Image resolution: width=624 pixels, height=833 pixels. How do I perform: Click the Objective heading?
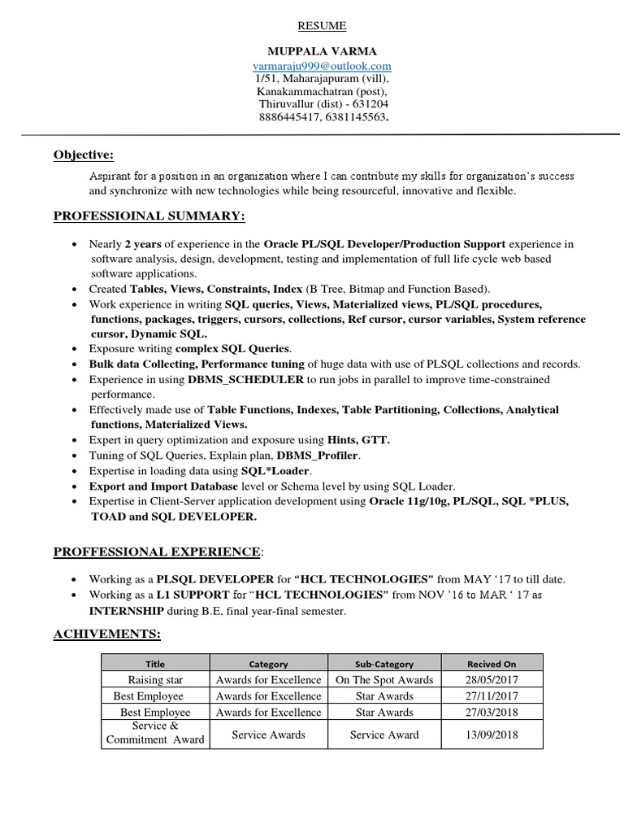pos(84,155)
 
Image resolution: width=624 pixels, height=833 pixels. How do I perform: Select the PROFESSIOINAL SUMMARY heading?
pos(149,216)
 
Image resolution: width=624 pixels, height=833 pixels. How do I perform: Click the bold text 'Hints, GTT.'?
pos(358,440)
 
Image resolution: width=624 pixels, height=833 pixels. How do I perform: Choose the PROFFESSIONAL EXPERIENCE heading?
pos(157,552)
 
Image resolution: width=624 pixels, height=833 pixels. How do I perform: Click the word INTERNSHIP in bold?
pos(128,611)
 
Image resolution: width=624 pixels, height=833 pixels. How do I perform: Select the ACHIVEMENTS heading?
pos(106,634)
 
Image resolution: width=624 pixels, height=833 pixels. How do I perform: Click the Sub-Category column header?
pos(384,664)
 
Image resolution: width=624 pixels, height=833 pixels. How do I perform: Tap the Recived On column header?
pos(492,664)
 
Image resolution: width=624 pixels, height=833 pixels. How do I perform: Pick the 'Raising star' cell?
pos(155,679)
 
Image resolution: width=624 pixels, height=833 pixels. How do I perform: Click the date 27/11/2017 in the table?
pos(492,696)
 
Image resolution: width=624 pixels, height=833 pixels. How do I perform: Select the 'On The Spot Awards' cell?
pos(384,679)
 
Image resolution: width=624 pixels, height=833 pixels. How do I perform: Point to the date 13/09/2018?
pos(492,735)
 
